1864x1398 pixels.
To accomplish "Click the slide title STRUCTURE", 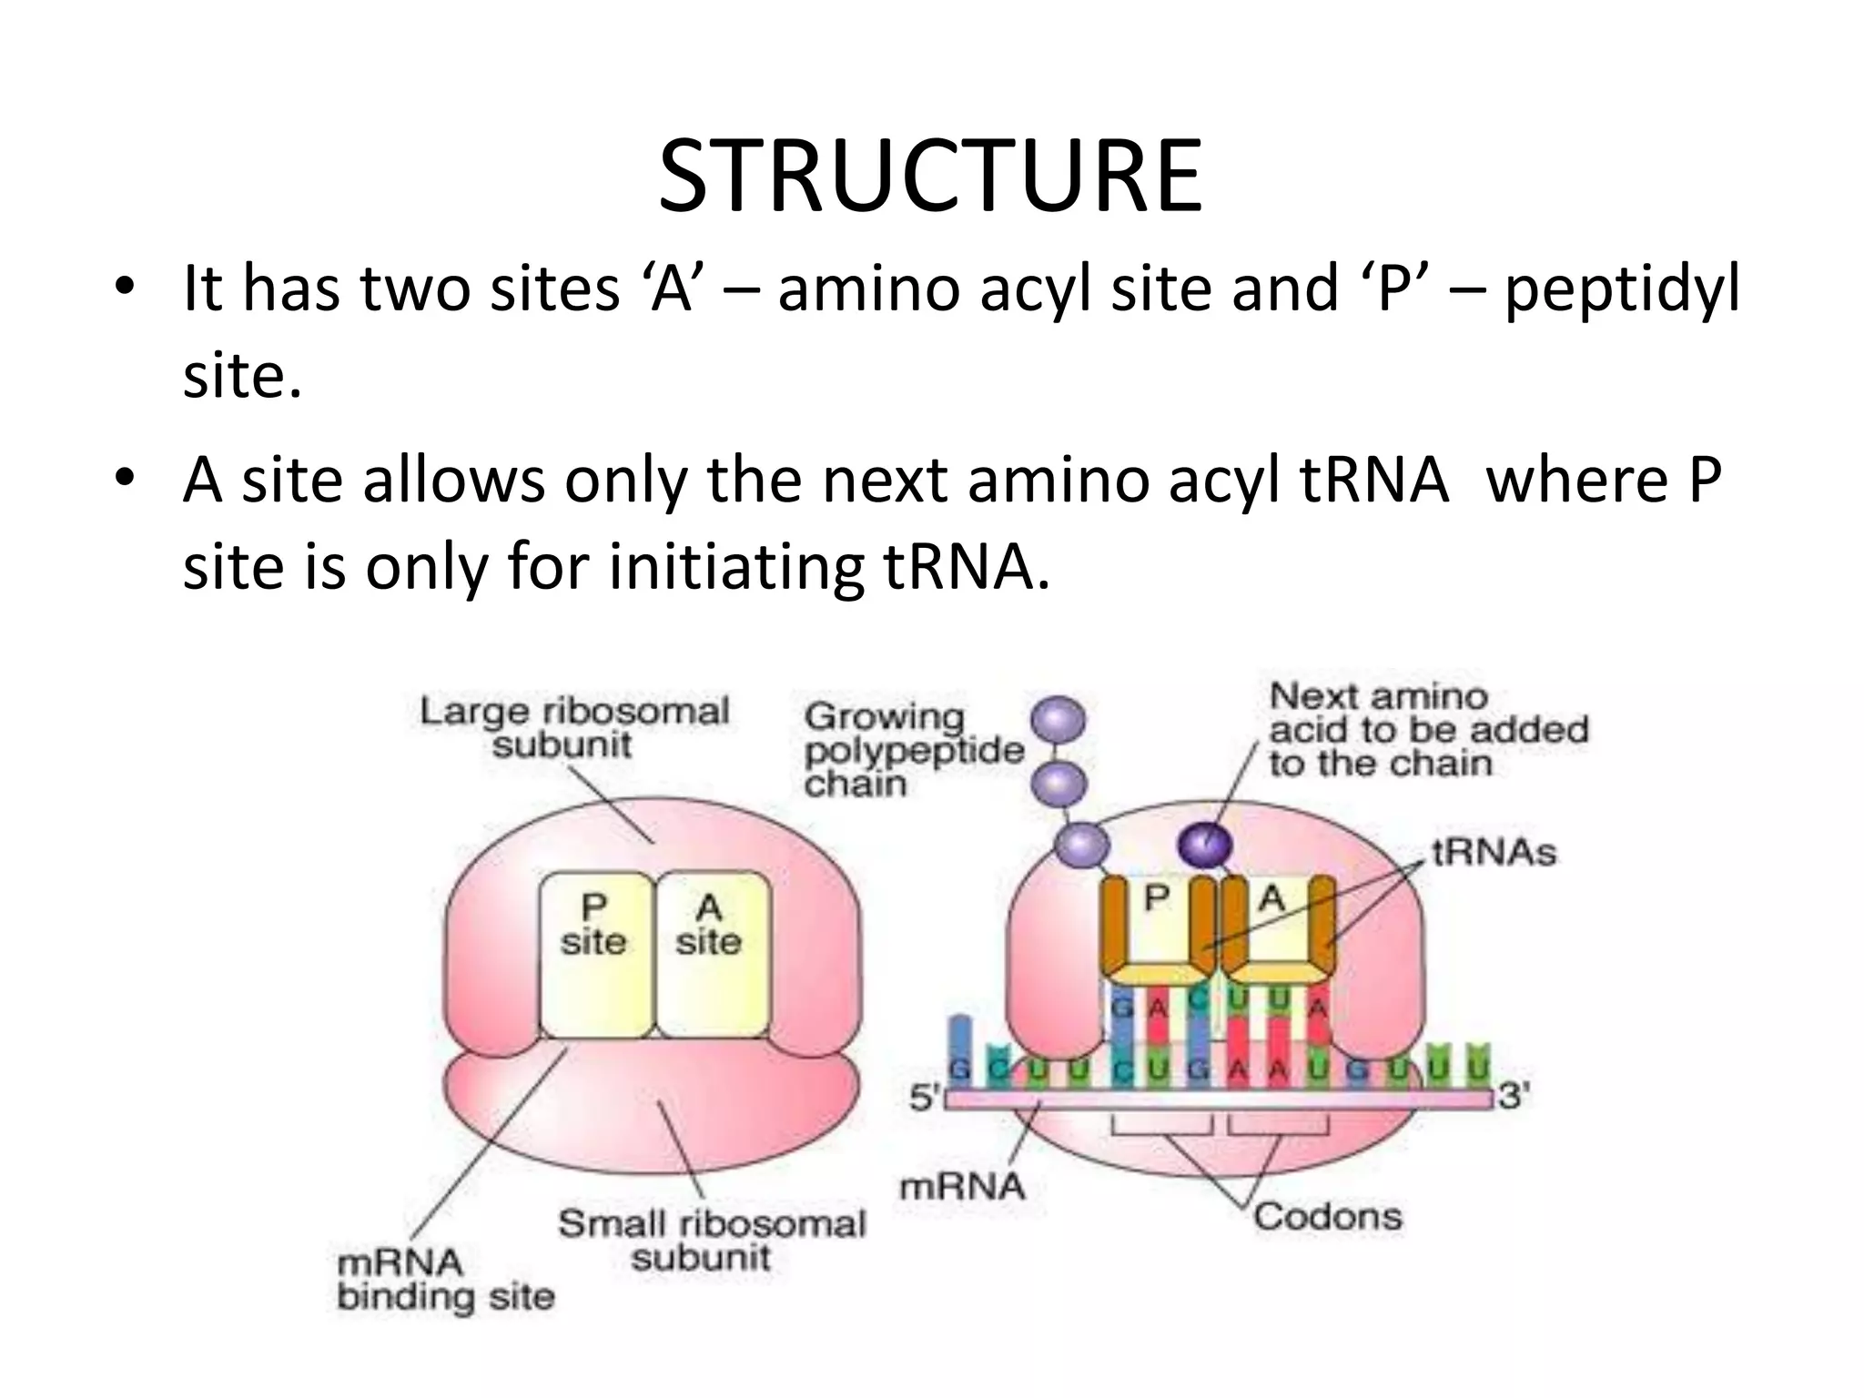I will click(x=930, y=177).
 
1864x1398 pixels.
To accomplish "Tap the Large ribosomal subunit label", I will click(x=573, y=727).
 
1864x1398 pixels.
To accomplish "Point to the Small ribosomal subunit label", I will click(x=711, y=1240).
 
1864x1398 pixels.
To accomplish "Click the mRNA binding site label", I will click(x=445, y=1279).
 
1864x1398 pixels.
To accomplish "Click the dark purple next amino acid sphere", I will click(x=1205, y=845).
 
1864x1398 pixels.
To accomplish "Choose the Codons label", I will click(x=1327, y=1216).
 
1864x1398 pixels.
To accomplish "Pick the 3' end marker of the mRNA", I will click(x=1514, y=1097).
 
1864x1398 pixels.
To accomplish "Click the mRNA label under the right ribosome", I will click(x=962, y=1186).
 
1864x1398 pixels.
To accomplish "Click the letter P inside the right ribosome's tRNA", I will click(x=1156, y=898).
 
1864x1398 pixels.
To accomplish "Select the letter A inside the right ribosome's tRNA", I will click(x=1271, y=899).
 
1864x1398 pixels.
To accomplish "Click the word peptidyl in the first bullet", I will click(x=1621, y=289).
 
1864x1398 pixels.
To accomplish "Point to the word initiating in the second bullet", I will click(x=734, y=567).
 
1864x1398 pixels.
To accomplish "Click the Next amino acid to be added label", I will click(x=1427, y=731).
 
